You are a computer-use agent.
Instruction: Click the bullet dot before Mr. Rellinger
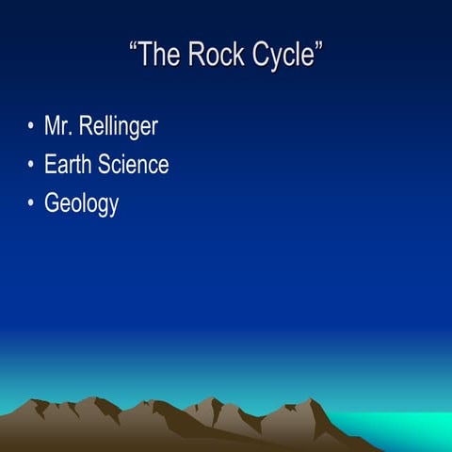click(31, 126)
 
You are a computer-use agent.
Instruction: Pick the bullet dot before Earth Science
click(31, 165)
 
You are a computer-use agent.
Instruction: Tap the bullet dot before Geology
click(31, 202)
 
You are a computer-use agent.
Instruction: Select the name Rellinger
click(118, 127)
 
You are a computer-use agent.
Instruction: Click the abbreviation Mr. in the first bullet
click(58, 126)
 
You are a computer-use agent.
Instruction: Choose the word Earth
click(70, 165)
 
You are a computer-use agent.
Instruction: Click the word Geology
click(81, 204)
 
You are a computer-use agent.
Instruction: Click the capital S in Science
click(107, 165)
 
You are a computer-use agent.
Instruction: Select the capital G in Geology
click(52, 202)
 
